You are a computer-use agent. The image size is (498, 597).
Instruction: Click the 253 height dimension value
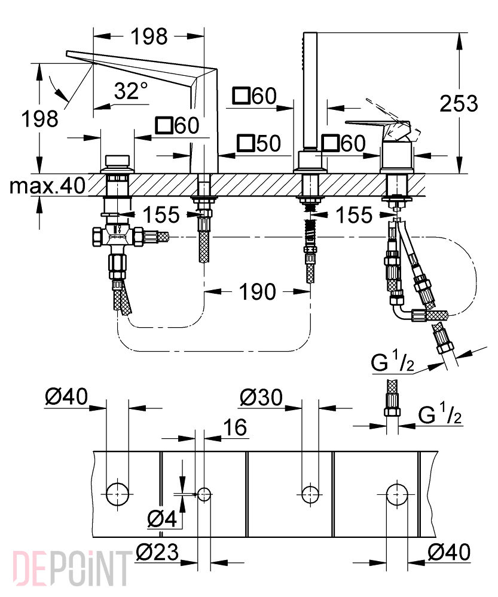459,103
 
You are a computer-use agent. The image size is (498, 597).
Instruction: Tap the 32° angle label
131,91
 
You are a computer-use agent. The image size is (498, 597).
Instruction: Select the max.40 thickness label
47,186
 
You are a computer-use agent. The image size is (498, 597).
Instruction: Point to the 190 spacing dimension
257,292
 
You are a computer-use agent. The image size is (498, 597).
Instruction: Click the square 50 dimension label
258,143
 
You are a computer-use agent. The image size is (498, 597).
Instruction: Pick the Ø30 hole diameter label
261,397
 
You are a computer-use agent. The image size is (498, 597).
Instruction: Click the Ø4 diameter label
162,519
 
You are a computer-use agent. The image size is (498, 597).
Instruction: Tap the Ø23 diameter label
157,552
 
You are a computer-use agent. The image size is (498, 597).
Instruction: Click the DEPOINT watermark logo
70,569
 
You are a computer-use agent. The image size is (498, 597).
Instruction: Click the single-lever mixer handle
377,127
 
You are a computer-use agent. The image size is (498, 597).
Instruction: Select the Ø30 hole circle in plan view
310,494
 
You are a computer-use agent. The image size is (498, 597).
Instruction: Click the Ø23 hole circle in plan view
204,494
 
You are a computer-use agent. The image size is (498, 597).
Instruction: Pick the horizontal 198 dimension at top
149,36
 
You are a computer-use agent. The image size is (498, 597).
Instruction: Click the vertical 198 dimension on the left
39,118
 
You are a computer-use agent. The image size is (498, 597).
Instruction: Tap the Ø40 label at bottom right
449,551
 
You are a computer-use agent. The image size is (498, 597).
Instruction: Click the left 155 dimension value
161,215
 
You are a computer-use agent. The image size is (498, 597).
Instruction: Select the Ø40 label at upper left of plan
66,396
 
